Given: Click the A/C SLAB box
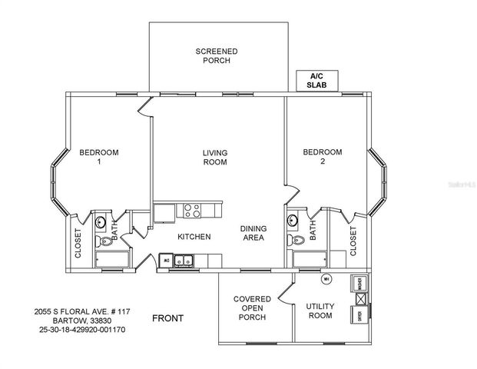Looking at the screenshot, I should click(317, 81).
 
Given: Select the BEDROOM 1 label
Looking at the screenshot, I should click(99, 158).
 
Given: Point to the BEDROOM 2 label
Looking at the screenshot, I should click(322, 158).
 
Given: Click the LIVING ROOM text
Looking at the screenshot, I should click(215, 158).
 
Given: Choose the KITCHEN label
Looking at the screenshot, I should click(194, 237).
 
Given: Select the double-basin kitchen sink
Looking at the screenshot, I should click(183, 262).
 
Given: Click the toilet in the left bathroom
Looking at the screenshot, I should click(105, 241).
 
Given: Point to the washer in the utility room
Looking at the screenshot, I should click(359, 283).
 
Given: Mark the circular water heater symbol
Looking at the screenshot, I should click(326, 278).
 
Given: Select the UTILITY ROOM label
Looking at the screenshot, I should click(320, 311).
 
